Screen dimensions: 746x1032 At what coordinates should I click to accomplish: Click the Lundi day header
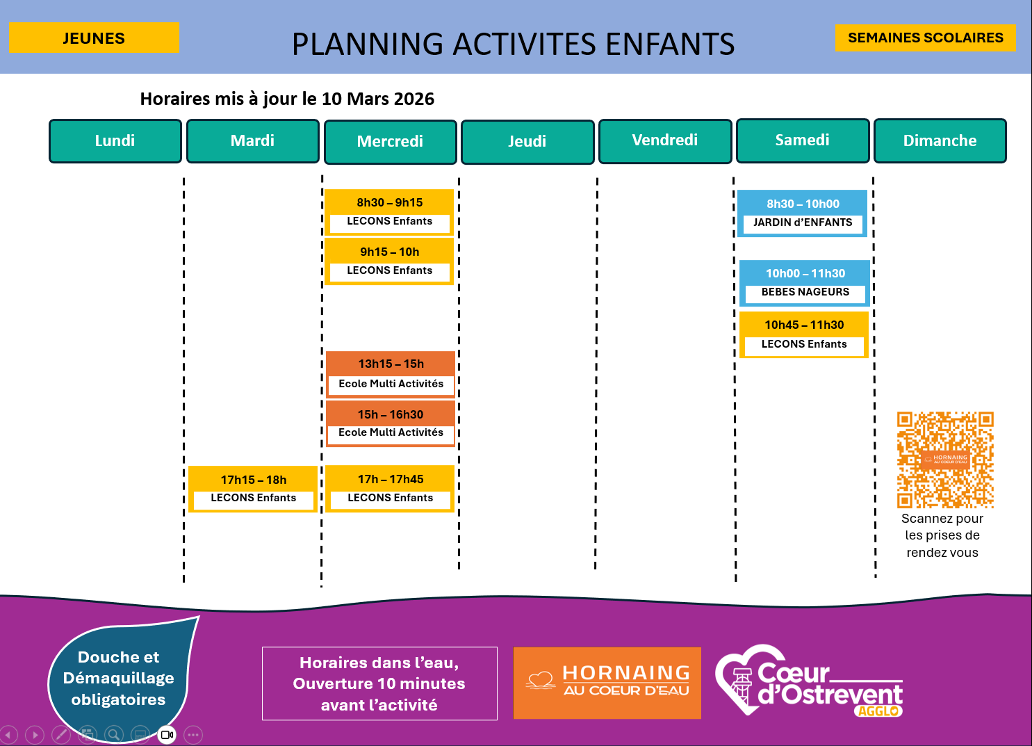(x=115, y=141)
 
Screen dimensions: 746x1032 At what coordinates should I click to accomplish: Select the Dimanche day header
(x=940, y=141)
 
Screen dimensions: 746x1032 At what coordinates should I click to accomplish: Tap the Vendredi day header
(x=665, y=140)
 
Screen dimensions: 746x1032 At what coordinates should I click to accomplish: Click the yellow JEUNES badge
(x=94, y=38)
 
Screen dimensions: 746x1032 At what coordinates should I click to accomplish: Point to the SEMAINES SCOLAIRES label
(x=925, y=38)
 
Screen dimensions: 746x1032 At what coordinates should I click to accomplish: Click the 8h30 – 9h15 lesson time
(x=390, y=203)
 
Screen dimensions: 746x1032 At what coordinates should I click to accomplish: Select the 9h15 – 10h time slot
(x=390, y=252)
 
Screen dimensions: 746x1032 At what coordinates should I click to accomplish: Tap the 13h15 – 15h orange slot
(x=391, y=364)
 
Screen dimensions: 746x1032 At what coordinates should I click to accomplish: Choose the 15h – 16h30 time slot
(x=391, y=415)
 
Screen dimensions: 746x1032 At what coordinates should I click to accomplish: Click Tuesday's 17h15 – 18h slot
(x=254, y=480)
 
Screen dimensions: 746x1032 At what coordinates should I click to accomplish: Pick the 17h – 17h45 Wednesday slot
(x=391, y=480)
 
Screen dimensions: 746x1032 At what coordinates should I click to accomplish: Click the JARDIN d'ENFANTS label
(x=803, y=222)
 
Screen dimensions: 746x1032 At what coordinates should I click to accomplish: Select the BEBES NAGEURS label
(x=805, y=292)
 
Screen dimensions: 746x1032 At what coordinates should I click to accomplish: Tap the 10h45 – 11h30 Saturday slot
(x=804, y=325)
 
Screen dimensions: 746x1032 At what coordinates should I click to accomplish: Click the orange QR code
(x=945, y=460)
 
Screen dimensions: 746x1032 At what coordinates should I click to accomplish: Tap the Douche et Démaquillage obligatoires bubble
(x=119, y=678)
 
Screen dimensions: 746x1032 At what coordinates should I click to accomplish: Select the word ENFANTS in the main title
(x=670, y=44)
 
